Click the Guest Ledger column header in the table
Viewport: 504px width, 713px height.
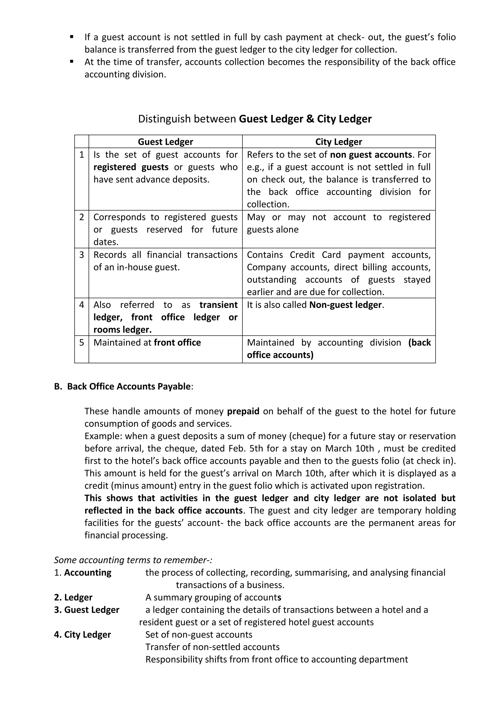(x=165, y=142)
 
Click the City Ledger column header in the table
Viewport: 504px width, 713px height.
(x=339, y=142)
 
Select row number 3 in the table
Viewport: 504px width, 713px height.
(x=82, y=255)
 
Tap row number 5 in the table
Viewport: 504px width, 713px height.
(x=82, y=343)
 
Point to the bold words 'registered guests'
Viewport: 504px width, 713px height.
(x=131, y=167)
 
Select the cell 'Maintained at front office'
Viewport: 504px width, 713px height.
(x=147, y=343)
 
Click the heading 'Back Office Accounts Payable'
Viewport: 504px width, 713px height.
(x=128, y=386)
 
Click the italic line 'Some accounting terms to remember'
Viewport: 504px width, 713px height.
(x=133, y=560)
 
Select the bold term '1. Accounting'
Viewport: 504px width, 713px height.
(x=83, y=573)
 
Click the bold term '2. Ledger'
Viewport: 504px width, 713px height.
(x=73, y=597)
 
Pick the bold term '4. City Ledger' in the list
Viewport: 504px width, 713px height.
(x=82, y=635)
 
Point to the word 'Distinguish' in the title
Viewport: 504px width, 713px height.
(x=164, y=119)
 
